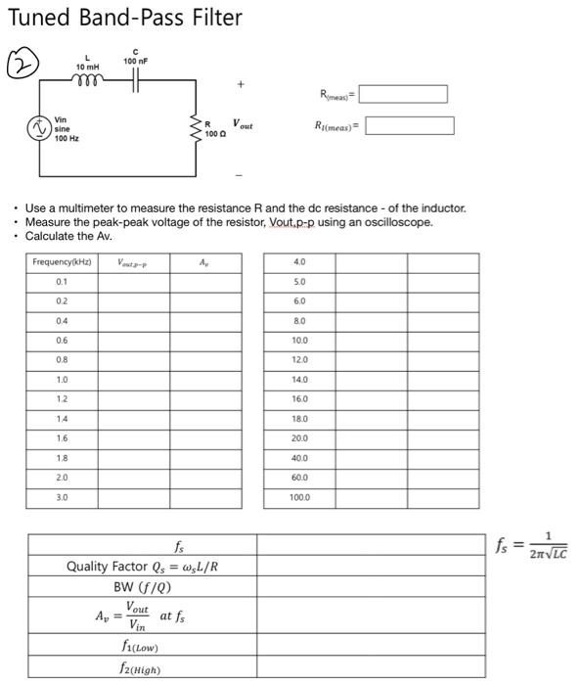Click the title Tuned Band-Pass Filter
click(x=125, y=19)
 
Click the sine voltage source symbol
click(x=39, y=128)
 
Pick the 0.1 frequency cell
click(x=62, y=282)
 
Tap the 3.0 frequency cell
click(x=62, y=497)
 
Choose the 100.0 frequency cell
click(x=299, y=497)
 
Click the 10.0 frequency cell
click(x=299, y=341)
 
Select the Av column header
click(x=203, y=262)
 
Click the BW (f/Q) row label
click(x=143, y=587)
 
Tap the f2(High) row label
click(x=143, y=669)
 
